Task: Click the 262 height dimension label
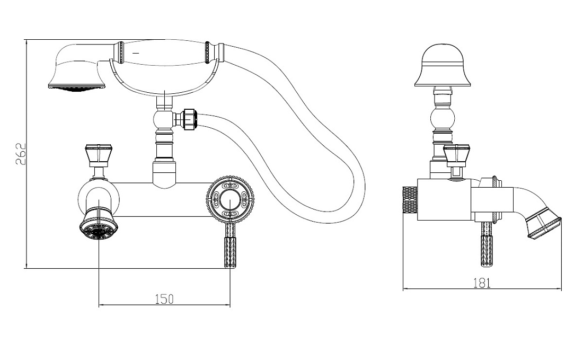(x=21, y=154)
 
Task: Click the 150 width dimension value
(x=164, y=299)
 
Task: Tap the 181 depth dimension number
(x=482, y=284)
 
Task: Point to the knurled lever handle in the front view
(x=230, y=245)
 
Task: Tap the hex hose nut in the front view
(x=188, y=119)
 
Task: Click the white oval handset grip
(x=165, y=53)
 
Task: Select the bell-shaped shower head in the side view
(x=443, y=66)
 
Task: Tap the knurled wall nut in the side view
(x=410, y=200)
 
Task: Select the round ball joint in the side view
(x=443, y=119)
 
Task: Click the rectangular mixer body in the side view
(x=444, y=200)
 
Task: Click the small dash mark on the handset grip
(x=136, y=53)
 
